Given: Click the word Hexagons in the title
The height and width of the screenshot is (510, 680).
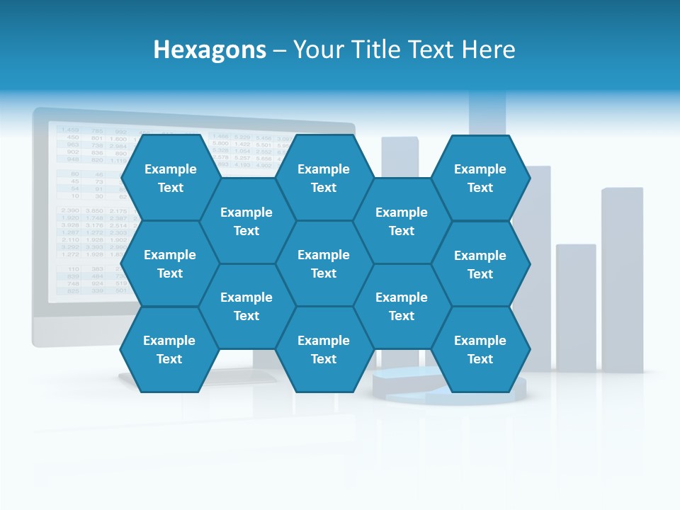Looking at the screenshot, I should (210, 50).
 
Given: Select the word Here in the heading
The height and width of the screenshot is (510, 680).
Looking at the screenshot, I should (488, 50).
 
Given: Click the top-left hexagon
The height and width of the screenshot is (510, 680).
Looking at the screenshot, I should (170, 178).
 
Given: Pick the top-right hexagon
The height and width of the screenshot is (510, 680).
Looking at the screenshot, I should (480, 178).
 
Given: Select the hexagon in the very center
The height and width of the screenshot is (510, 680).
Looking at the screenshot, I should (324, 263).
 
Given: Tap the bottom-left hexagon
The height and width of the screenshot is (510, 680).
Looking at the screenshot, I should (169, 349).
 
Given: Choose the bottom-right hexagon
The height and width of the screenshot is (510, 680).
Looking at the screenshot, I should (480, 349).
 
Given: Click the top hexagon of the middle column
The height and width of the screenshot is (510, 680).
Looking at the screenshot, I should (324, 178).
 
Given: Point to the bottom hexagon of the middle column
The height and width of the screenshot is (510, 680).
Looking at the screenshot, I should (324, 349).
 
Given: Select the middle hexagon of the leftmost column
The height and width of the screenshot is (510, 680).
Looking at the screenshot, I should (170, 263).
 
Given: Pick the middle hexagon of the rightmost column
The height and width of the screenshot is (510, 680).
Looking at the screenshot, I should (480, 264).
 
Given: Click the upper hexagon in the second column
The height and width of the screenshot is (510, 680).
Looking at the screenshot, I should (246, 221).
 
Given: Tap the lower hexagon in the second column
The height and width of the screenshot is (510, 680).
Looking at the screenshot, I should (246, 306).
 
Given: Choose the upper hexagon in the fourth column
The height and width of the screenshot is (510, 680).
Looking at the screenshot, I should (402, 221).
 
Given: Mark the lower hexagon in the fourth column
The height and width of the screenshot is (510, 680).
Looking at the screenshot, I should (402, 306).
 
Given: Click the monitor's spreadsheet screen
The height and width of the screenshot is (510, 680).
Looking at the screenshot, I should (85, 212).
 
